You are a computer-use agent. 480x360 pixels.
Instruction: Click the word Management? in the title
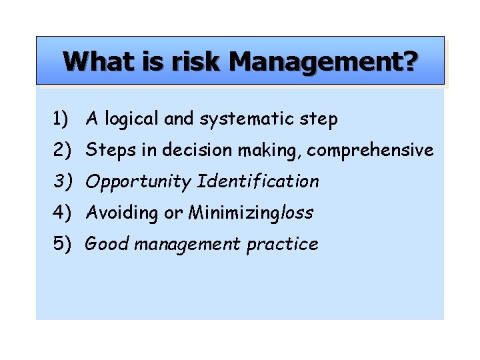(x=323, y=62)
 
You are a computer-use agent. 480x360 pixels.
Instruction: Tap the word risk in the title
(x=197, y=62)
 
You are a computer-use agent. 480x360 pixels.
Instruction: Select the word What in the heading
(x=97, y=62)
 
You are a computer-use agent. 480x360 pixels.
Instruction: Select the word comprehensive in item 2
(x=371, y=151)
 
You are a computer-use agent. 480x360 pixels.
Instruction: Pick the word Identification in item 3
(x=259, y=181)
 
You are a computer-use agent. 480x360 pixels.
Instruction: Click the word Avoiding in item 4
(x=123, y=213)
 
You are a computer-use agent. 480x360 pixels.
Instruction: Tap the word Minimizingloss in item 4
(x=251, y=213)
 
